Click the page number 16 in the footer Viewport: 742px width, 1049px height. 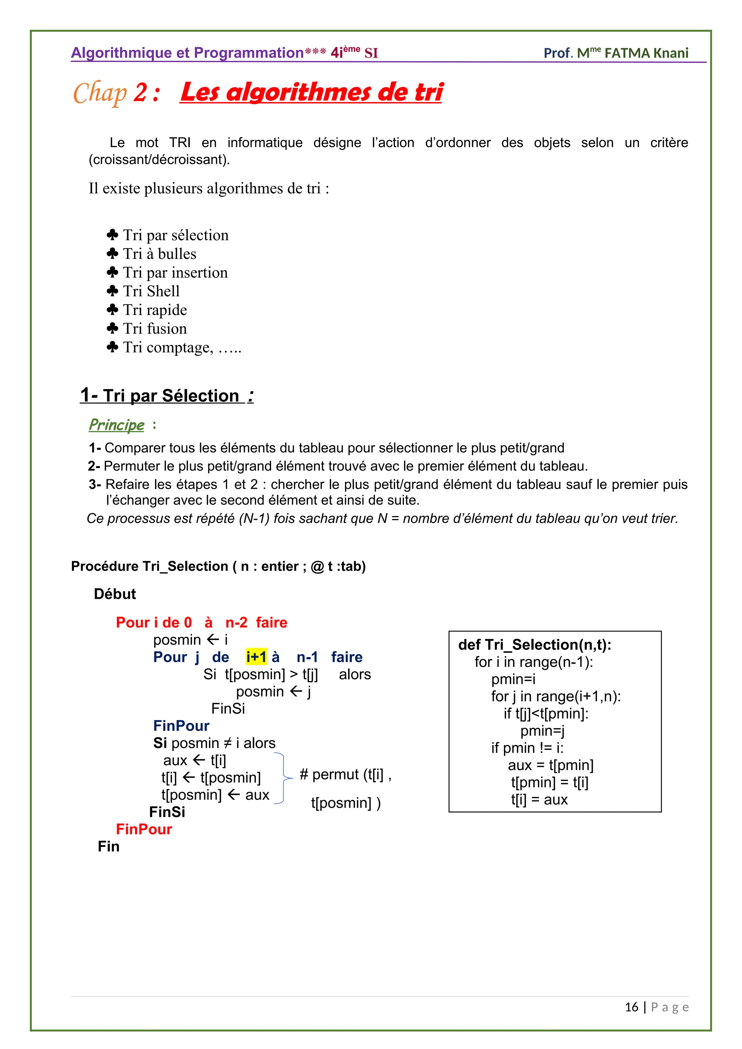pos(631,1007)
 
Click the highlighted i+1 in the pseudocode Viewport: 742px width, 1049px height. pos(256,657)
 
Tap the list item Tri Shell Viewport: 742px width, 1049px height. pos(151,291)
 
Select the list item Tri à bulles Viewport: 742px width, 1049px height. pos(159,254)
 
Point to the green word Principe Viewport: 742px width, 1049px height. pos(117,425)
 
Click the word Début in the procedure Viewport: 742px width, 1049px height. pos(115,594)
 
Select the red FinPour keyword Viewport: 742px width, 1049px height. pos(144,829)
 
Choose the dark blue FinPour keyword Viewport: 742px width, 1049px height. pos(182,726)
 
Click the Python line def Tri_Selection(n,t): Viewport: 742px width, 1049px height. pos(534,645)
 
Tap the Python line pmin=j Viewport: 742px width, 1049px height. pos(542,731)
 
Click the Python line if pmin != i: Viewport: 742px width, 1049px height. pos(527,748)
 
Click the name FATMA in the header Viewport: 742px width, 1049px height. pos(627,53)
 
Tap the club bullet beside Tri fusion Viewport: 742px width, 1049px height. pos(112,328)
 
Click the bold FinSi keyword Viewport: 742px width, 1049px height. pos(167,812)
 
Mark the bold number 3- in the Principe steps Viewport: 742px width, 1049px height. pos(95,484)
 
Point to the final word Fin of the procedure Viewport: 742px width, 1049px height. pos(108,847)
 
